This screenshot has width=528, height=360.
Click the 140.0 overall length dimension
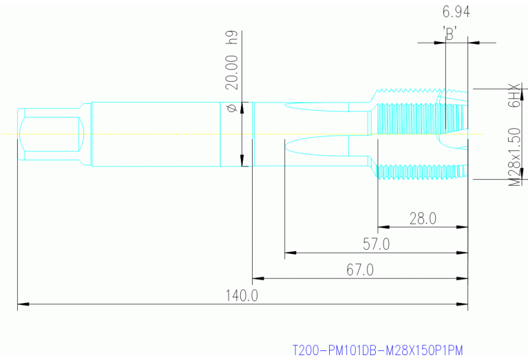[x=242, y=296]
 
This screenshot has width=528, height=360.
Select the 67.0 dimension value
[x=359, y=271]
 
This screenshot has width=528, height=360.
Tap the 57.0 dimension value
[x=377, y=244]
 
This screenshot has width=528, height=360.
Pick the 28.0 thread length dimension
[x=423, y=219]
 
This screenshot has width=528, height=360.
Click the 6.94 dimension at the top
[x=456, y=12]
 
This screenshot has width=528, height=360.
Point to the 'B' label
[x=451, y=32]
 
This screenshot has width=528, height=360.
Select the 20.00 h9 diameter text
[x=232, y=61]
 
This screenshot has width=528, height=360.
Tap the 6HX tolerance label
[x=514, y=96]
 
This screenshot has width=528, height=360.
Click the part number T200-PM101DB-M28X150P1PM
[x=378, y=350]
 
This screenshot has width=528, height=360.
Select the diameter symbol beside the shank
[x=232, y=107]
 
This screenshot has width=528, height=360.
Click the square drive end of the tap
[x=52, y=134]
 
